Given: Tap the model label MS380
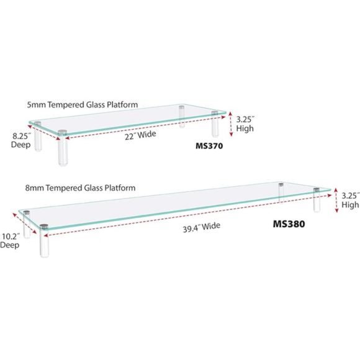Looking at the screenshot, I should (288, 224).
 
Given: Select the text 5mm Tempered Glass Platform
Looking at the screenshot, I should (83, 105).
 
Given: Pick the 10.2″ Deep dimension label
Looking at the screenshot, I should (10, 240).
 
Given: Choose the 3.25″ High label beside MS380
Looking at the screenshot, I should (350, 199).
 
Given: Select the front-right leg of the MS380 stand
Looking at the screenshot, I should (317, 199).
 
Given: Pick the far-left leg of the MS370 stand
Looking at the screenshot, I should (37, 137).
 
